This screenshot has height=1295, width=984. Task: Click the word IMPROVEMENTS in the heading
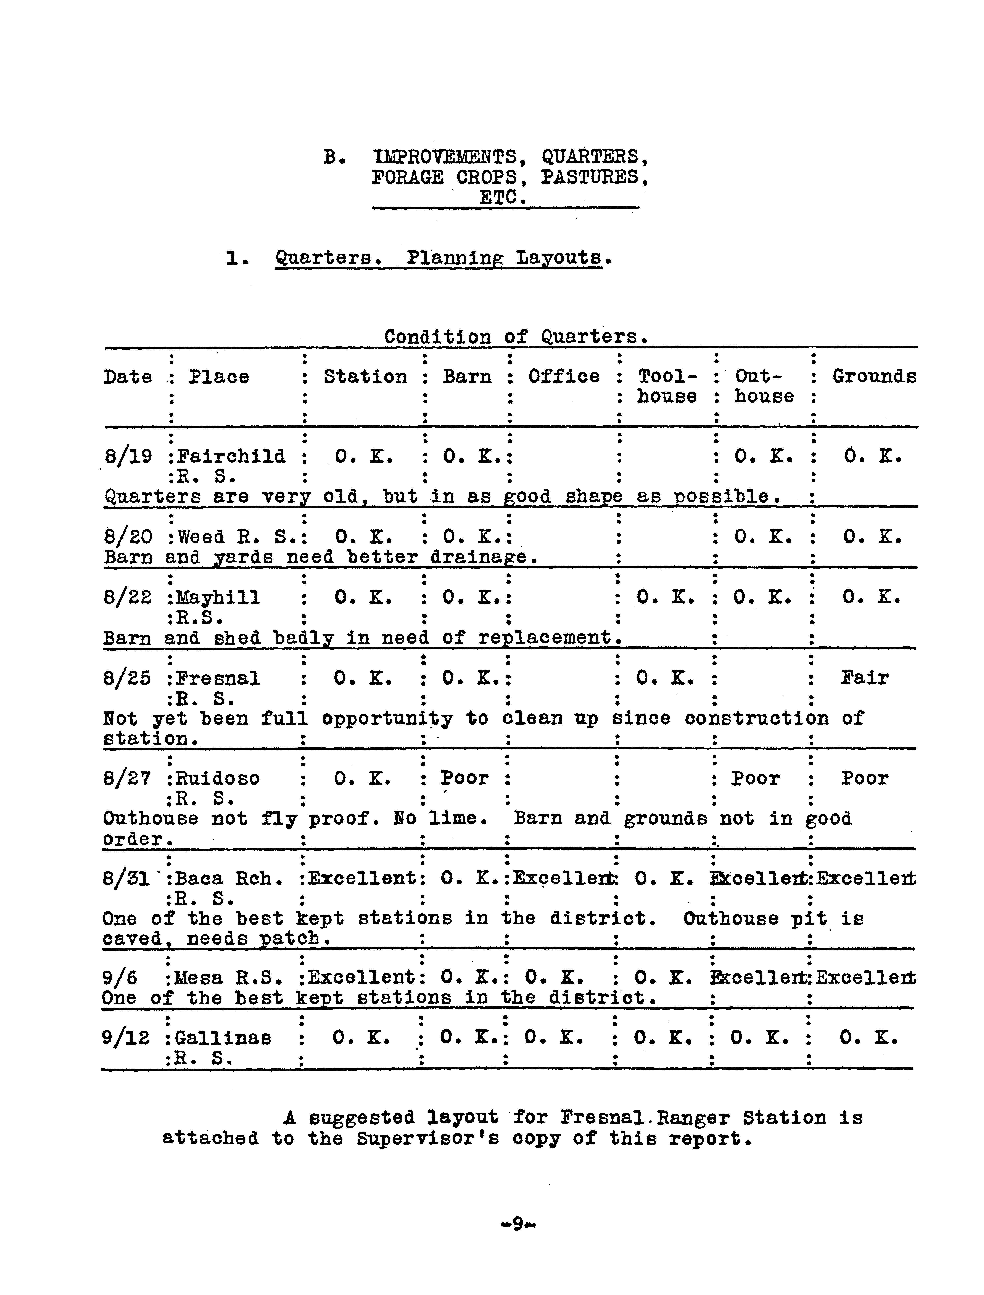coord(445,157)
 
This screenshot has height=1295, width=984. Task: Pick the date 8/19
coord(128,457)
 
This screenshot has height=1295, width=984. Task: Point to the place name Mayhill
coord(218,598)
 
